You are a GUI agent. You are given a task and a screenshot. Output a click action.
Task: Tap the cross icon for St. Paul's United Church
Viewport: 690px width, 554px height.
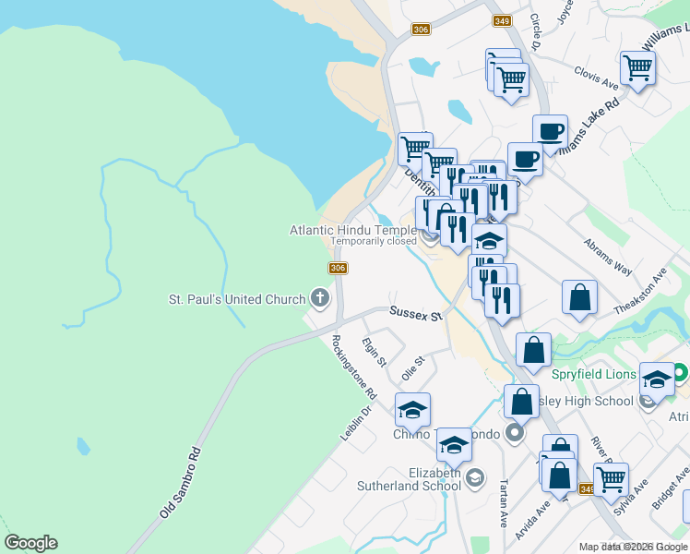320,298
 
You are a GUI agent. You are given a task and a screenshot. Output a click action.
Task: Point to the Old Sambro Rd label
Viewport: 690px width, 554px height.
180,483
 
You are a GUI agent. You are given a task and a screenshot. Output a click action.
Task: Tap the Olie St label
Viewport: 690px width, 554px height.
412,367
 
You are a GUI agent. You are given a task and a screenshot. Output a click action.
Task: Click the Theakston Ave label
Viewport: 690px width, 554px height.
646,293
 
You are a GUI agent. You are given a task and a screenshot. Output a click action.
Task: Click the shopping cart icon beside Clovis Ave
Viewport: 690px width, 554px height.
637,67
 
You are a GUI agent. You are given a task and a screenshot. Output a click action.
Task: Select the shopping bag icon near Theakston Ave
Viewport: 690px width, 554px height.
579,297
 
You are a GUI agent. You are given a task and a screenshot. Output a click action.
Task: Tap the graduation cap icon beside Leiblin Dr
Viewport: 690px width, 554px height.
412,408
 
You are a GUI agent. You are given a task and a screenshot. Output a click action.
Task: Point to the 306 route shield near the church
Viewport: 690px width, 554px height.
338,268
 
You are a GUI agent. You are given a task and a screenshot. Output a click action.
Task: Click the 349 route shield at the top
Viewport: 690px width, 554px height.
502,19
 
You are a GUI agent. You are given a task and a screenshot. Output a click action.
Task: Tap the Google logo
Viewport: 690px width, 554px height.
30,543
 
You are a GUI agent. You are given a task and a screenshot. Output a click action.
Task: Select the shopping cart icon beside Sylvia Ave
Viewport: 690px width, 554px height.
611,478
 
